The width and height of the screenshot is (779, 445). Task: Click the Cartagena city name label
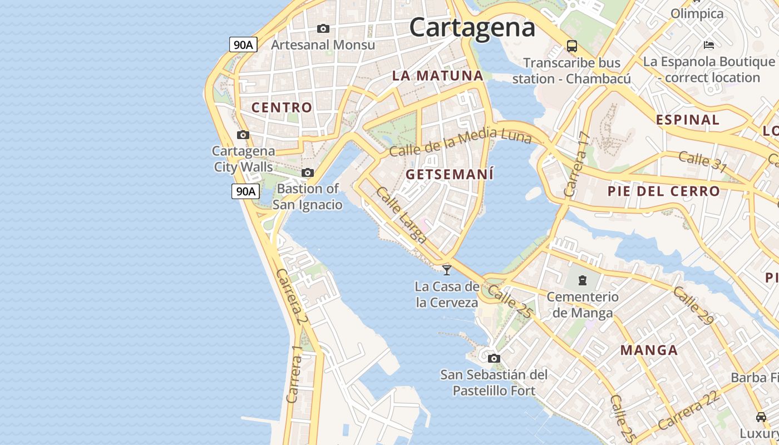pyautogui.click(x=472, y=27)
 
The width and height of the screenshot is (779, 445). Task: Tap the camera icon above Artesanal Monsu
pyautogui.click(x=323, y=28)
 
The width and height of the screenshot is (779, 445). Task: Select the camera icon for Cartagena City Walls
pyautogui.click(x=243, y=135)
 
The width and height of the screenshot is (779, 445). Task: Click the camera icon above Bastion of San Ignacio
pyautogui.click(x=308, y=172)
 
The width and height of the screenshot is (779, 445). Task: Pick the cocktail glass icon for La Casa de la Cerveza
pyautogui.click(x=446, y=270)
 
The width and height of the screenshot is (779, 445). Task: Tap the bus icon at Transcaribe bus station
pyautogui.click(x=572, y=46)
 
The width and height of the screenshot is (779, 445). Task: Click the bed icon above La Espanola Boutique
pyautogui.click(x=709, y=44)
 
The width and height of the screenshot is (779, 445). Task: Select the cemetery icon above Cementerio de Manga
pyautogui.click(x=583, y=280)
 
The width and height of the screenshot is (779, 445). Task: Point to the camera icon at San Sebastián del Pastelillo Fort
pyautogui.click(x=494, y=358)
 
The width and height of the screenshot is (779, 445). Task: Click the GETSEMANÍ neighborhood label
pyautogui.click(x=450, y=174)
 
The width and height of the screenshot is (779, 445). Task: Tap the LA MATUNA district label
pyautogui.click(x=438, y=76)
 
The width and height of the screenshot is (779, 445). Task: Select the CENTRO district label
pyautogui.click(x=282, y=107)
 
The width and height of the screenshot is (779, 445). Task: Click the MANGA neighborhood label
pyautogui.click(x=649, y=350)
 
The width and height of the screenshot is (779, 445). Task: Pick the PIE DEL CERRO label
pyautogui.click(x=664, y=191)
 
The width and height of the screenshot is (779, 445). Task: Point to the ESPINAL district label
pyautogui.click(x=688, y=120)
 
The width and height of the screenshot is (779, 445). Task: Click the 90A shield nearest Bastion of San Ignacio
pyautogui.click(x=245, y=191)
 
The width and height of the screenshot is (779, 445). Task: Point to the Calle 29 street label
pyautogui.click(x=693, y=306)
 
